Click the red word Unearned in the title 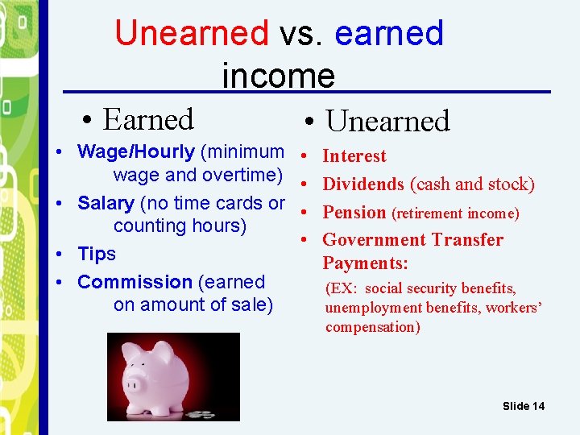tap(191, 33)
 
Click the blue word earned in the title tap(388, 33)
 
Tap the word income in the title tap(278, 76)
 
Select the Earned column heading tap(148, 120)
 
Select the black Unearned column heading tap(387, 122)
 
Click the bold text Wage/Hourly tap(135, 151)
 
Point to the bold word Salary tap(106, 203)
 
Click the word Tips tap(97, 254)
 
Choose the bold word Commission tap(135, 282)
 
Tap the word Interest tap(354, 156)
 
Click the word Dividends tap(363, 184)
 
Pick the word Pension tap(354, 213)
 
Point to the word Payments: tap(365, 263)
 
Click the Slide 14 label tap(523, 406)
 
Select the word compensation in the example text tap(372, 327)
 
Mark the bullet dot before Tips tap(61, 255)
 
